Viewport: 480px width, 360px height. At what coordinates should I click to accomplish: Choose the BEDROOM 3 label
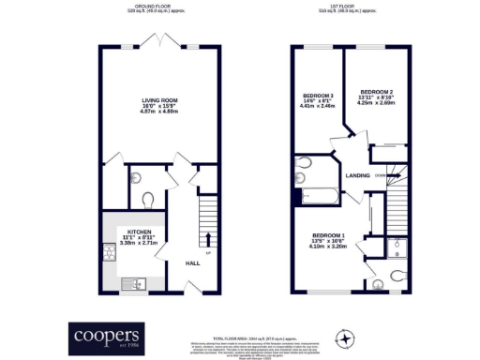point(316,96)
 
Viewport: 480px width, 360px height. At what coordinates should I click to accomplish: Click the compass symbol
point(347,337)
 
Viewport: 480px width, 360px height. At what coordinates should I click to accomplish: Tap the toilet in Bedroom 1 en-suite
point(380,277)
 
